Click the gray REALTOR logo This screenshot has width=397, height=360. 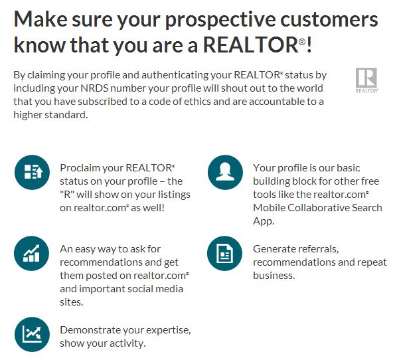pos(366,80)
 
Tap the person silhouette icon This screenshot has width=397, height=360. pos(225,172)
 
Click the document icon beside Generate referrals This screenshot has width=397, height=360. pos(224,253)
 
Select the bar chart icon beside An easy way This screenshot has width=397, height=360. pos(31,253)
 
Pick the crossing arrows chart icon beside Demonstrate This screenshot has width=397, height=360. pos(32,334)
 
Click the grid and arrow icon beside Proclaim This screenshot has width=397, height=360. pos(32,172)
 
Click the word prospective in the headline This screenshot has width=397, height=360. pos(220,21)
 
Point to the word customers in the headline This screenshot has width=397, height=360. pos(329,20)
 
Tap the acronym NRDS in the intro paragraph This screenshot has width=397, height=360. pos(94,88)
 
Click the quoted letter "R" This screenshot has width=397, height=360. pos(67,195)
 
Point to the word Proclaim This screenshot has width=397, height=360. pos(78,168)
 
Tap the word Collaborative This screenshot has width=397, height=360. pos(318,208)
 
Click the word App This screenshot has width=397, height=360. pos(264,221)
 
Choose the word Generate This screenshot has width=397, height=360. pos(274,249)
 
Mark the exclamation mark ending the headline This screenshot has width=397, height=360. pos(309,45)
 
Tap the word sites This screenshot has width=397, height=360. pos(71,302)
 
